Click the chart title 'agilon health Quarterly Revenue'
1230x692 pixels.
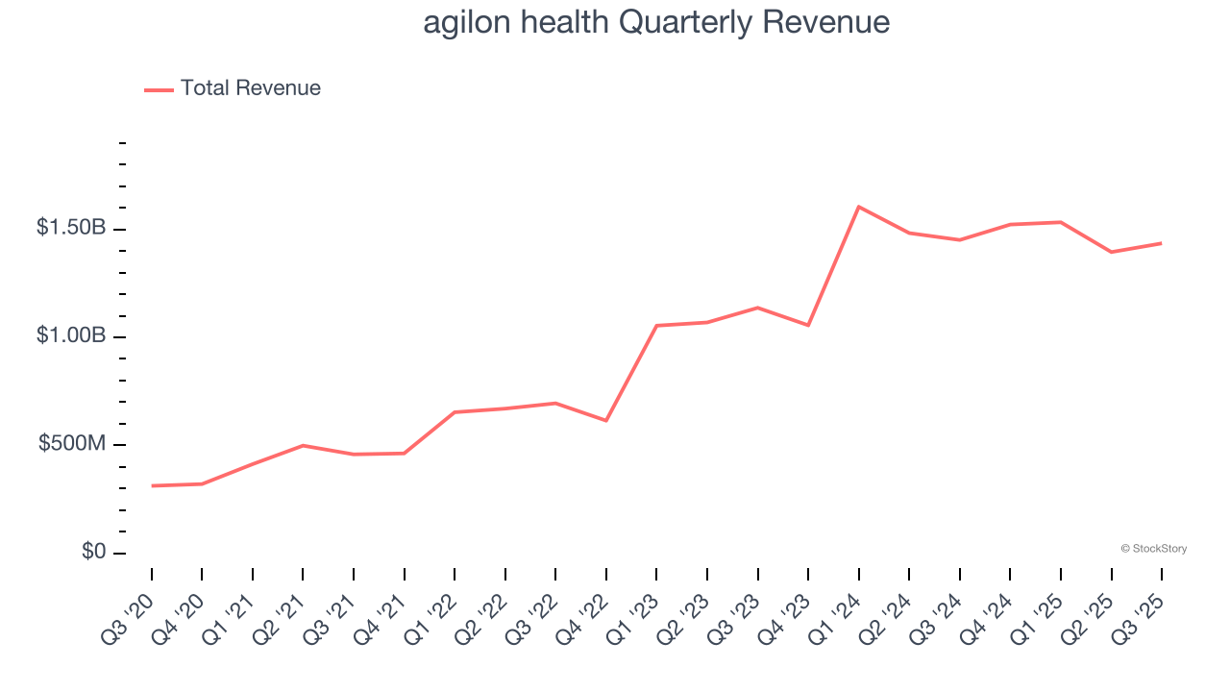tap(656, 22)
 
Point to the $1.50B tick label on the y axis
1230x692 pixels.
tap(71, 228)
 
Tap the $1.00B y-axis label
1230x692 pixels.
tap(71, 335)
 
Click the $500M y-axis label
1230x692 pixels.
tap(72, 444)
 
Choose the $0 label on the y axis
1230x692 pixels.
tap(94, 552)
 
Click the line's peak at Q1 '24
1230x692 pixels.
tap(858, 207)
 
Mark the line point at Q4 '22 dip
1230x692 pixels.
tap(606, 420)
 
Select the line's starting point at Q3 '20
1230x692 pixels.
tap(152, 485)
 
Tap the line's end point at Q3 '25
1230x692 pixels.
tap(1161, 243)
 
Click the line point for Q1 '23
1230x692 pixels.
tap(656, 326)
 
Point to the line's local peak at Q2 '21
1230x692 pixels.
tap(303, 445)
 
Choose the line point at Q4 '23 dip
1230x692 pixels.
tap(808, 325)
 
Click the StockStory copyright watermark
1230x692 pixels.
tap(1153, 549)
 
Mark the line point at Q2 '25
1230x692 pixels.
tap(1111, 252)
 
